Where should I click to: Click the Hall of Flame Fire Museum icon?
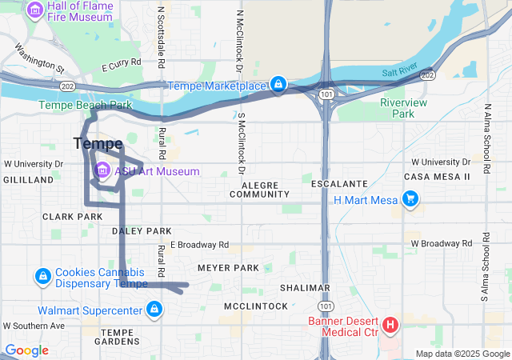click(35, 10)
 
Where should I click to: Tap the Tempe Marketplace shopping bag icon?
click(278, 85)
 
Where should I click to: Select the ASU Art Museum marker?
click(103, 171)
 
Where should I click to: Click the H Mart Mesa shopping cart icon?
click(410, 199)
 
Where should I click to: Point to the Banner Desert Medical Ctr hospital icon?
click(390, 325)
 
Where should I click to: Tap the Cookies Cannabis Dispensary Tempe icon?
click(42, 277)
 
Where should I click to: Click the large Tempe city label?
click(98, 144)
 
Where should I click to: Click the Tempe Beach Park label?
click(86, 105)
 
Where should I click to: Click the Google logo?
click(26, 350)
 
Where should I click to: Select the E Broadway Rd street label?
click(199, 245)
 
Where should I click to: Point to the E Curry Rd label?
click(121, 62)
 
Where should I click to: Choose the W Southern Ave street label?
click(34, 326)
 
